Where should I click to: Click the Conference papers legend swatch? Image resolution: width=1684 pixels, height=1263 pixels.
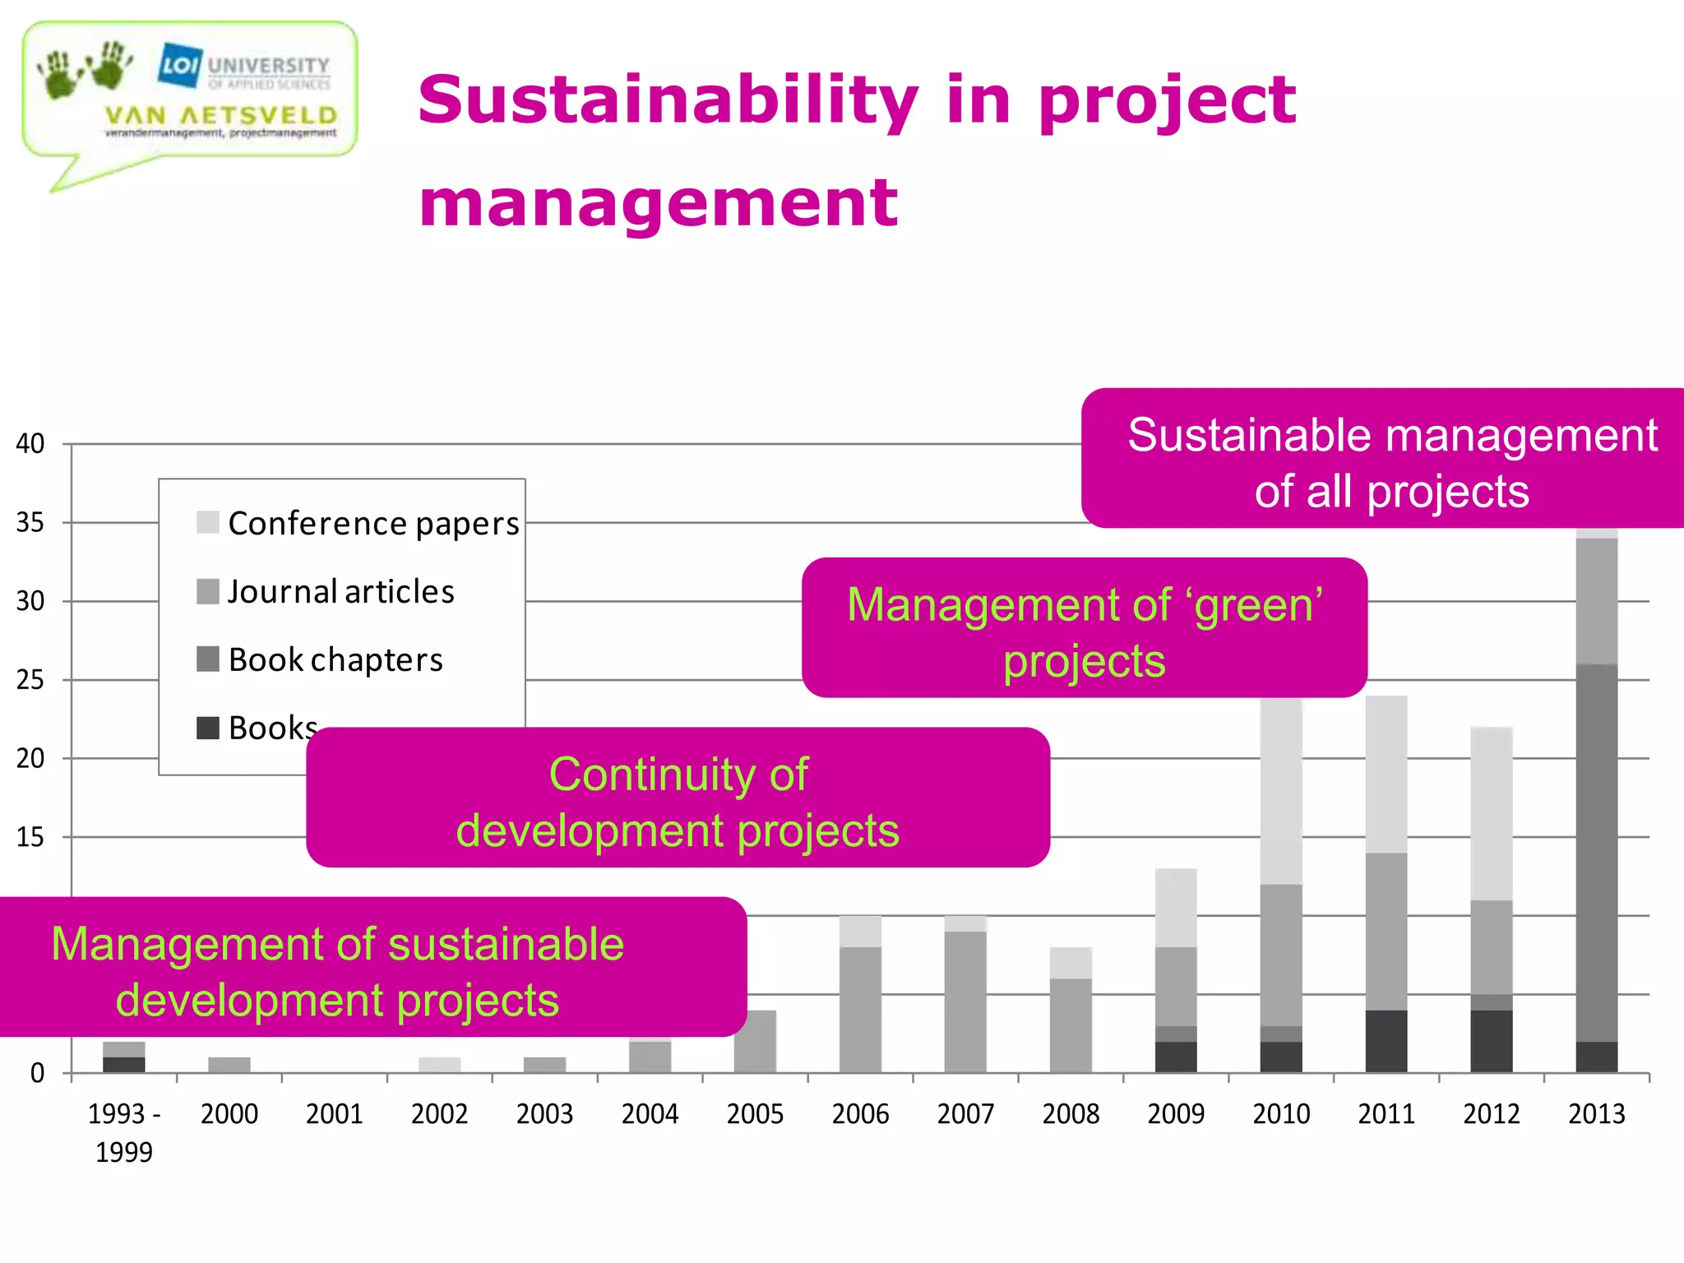pos(208,522)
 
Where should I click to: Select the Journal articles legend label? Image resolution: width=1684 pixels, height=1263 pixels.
pos(340,591)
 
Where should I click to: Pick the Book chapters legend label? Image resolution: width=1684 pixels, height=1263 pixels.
pos(335,659)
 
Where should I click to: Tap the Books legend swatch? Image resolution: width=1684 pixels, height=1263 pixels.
pos(208,728)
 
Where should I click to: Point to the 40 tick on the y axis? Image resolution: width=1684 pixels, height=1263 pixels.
pos(30,444)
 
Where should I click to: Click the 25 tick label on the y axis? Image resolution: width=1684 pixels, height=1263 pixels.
pos(30,680)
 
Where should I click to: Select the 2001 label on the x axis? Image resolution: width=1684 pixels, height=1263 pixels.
pos(335,1114)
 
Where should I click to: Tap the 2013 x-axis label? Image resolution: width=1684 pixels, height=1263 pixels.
pos(1596,1114)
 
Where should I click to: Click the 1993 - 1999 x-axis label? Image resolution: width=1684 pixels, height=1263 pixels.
pos(124,1132)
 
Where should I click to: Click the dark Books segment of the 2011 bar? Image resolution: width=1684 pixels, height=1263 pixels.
pos(1386,1041)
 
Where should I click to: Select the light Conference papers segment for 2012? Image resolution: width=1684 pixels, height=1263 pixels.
pos(1492,814)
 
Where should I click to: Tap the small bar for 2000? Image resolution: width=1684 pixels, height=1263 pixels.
pos(229,1065)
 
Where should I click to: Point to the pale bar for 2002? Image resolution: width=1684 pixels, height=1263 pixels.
pos(440,1065)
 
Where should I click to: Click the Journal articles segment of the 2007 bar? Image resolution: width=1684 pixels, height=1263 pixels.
pos(965,1002)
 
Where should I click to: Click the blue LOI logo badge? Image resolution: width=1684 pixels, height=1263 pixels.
pos(180,64)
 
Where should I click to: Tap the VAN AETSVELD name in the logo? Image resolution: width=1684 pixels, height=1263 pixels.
pos(221,115)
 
